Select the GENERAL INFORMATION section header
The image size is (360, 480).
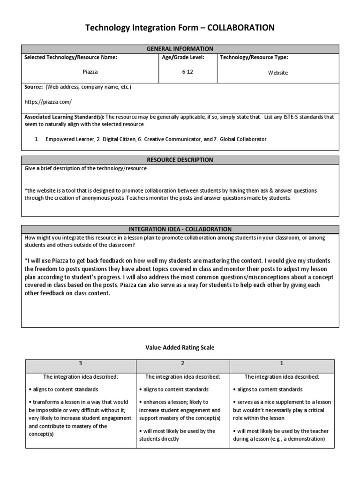pyautogui.click(x=180, y=49)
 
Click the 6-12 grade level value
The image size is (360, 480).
pyautogui.click(x=187, y=72)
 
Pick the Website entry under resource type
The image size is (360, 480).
pyautogui.click(x=278, y=73)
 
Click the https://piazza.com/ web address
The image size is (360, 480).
pyautogui.click(x=48, y=101)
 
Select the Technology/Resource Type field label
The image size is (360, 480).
pyautogui.click(x=254, y=57)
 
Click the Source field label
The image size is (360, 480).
pyautogui.click(x=33, y=87)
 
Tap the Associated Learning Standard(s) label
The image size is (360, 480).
pyautogui.click(x=65, y=117)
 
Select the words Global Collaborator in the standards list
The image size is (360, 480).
pyautogui.click(x=240, y=139)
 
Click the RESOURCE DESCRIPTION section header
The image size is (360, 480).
pyautogui.click(x=180, y=160)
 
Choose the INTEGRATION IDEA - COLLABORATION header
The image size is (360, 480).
pyautogui.click(x=180, y=229)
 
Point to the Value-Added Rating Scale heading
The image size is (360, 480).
pyautogui.click(x=180, y=347)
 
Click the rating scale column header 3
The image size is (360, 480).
pyautogui.click(x=80, y=363)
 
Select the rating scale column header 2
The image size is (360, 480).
pyautogui.click(x=182, y=363)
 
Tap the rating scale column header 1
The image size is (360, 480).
pyautogui.click(x=282, y=363)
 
